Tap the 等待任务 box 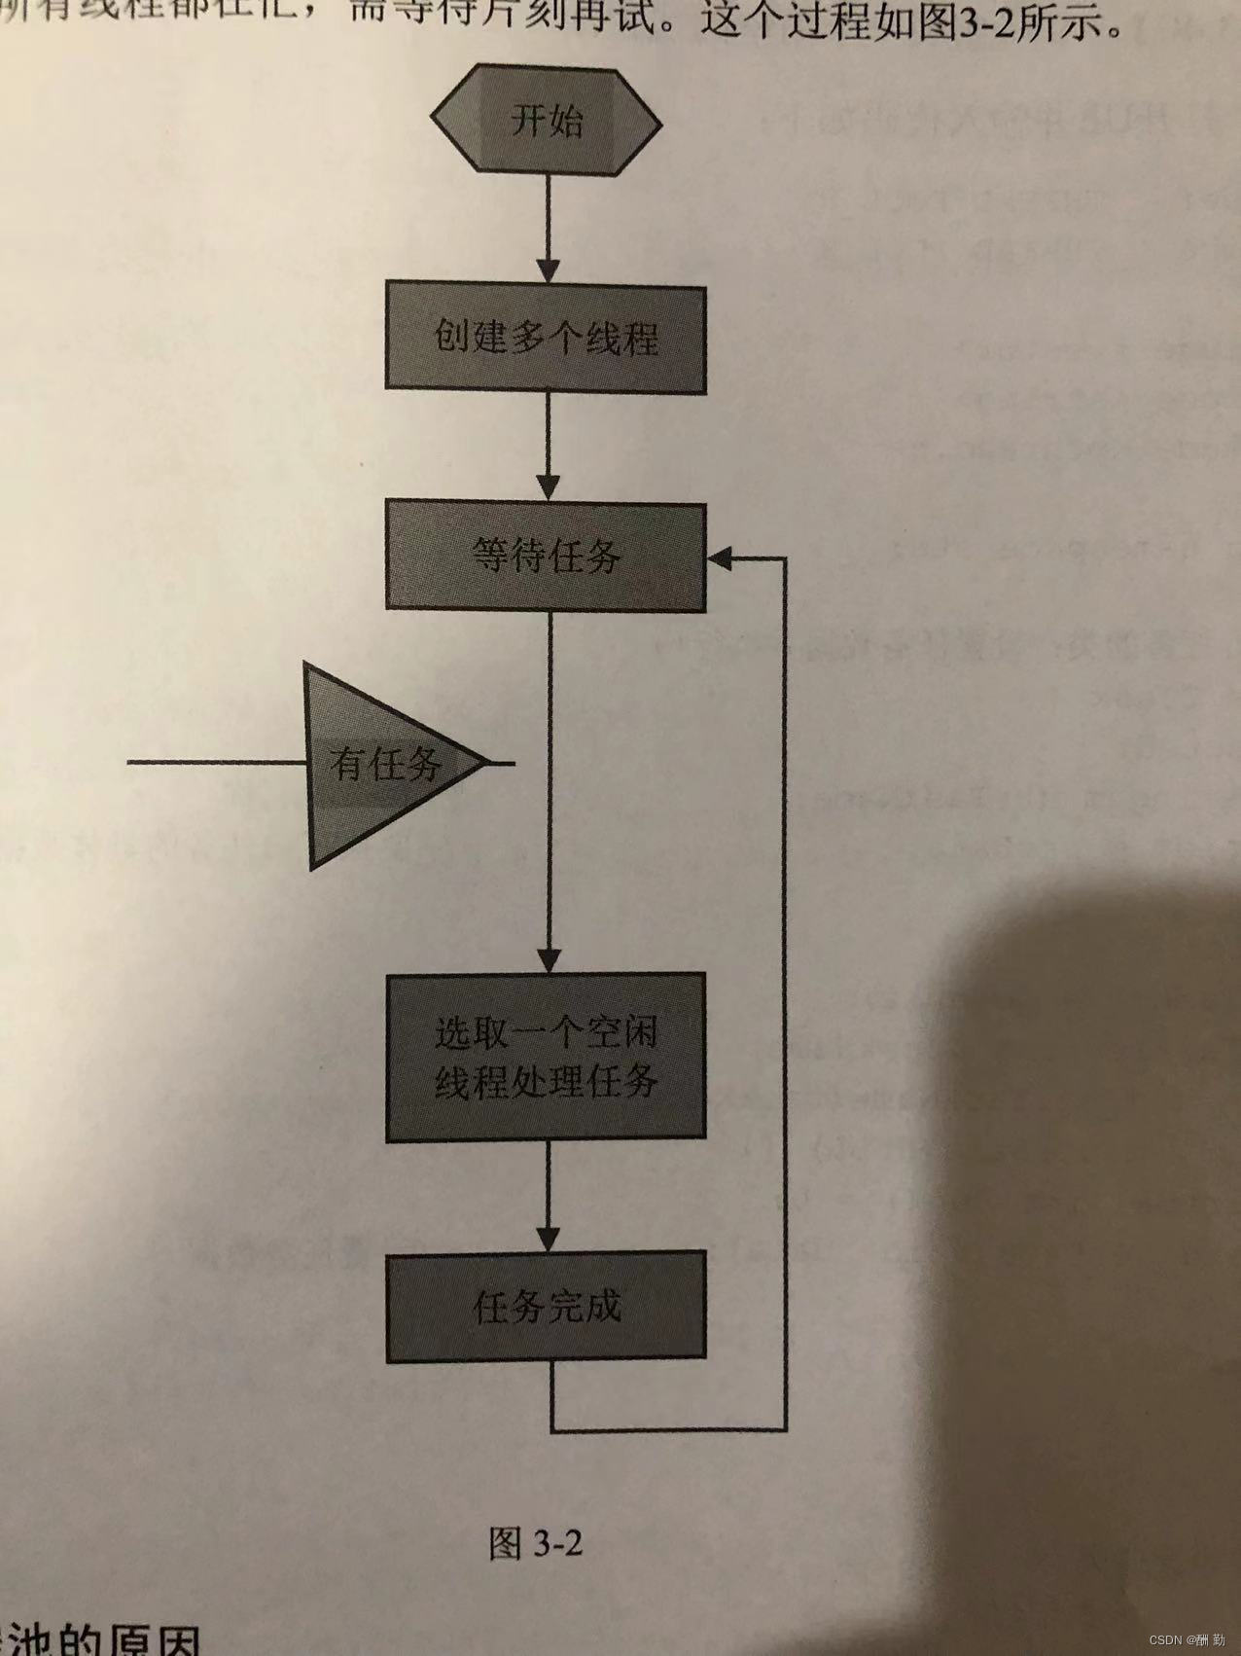pyautogui.click(x=546, y=557)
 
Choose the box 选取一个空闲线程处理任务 pyautogui.click(x=547, y=1058)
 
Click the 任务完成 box pyautogui.click(x=547, y=1307)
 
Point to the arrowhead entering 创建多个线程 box pyautogui.click(x=549, y=271)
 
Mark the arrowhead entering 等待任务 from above pyautogui.click(x=549, y=488)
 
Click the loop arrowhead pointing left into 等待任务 pyautogui.click(x=721, y=558)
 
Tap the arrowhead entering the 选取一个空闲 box pyautogui.click(x=550, y=960)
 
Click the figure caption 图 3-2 pyautogui.click(x=536, y=1542)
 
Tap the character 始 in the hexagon pyautogui.click(x=565, y=122)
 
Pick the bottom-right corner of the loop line pyautogui.click(x=785, y=1429)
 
